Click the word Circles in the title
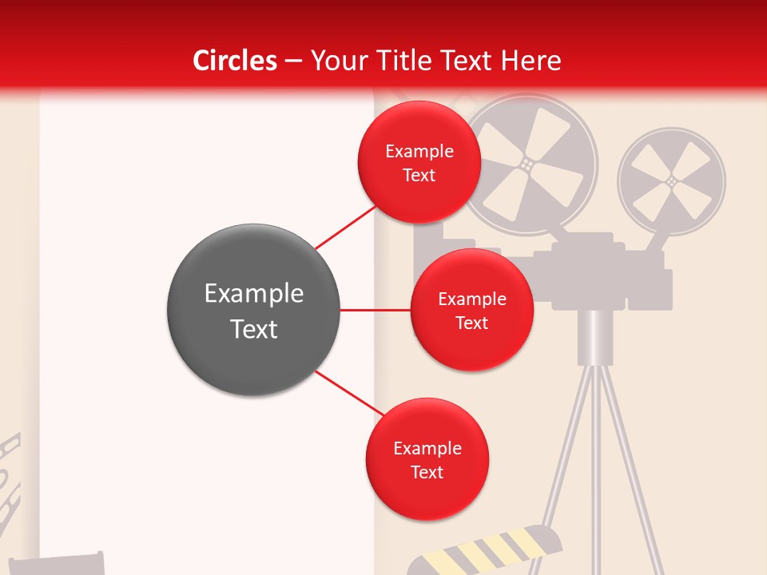coord(234,61)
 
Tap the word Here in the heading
coord(531,61)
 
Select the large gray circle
coord(253,310)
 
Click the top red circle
coord(419,162)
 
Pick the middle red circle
coord(471,310)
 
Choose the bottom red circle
coord(427,459)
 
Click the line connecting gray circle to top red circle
coord(345,227)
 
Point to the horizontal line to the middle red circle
coord(376,310)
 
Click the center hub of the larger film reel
coord(527,164)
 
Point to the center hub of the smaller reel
coord(671,182)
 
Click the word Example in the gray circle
coord(253,294)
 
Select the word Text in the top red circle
coord(419,175)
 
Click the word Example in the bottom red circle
coord(427,448)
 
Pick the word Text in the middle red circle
coord(471,323)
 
